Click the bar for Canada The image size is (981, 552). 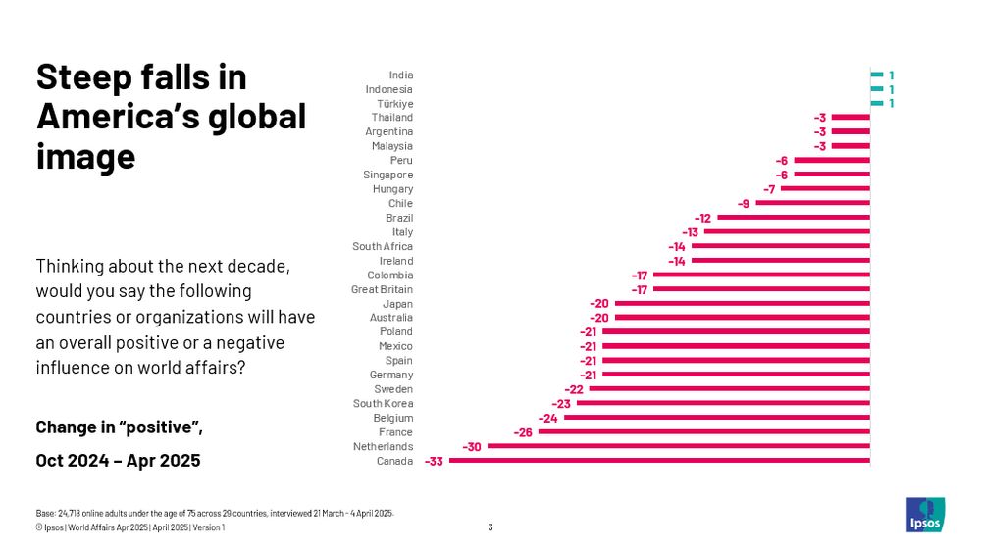658,461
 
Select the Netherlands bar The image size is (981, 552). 678,446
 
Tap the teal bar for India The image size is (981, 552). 876,75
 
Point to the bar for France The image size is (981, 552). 703,432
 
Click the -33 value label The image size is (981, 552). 433,461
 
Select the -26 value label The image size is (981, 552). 523,432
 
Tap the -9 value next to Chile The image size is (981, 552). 744,203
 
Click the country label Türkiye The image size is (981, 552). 394,103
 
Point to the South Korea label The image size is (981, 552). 383,403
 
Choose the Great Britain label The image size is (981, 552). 382,289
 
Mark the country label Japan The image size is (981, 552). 397,304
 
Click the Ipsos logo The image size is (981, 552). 924,515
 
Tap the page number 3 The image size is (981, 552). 490,527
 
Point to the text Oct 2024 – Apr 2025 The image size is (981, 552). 118,460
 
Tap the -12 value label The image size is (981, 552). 702,218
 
